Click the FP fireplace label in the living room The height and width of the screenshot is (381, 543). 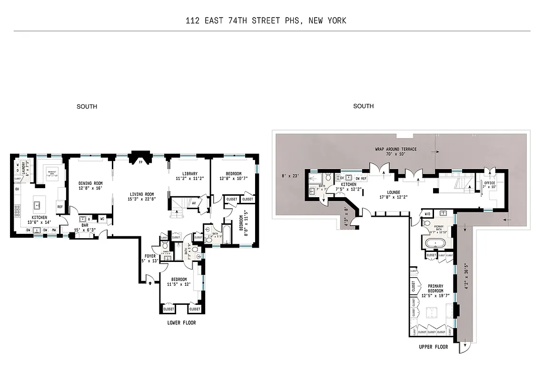tap(140, 162)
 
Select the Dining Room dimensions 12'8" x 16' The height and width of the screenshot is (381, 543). tap(90, 188)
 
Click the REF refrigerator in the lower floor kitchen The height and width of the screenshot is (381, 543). tap(60, 207)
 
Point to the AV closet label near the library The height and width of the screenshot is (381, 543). tap(194, 202)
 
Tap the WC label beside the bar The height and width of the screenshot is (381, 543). tap(102, 219)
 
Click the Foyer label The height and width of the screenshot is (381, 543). tap(150, 256)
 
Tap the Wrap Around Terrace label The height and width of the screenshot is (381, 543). tap(395, 149)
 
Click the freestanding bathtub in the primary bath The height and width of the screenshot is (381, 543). tap(436, 243)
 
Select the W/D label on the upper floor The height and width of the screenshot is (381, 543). tap(426, 214)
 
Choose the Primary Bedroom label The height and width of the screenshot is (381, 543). tap(435, 289)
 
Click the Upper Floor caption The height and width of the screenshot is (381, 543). tap(433, 347)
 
